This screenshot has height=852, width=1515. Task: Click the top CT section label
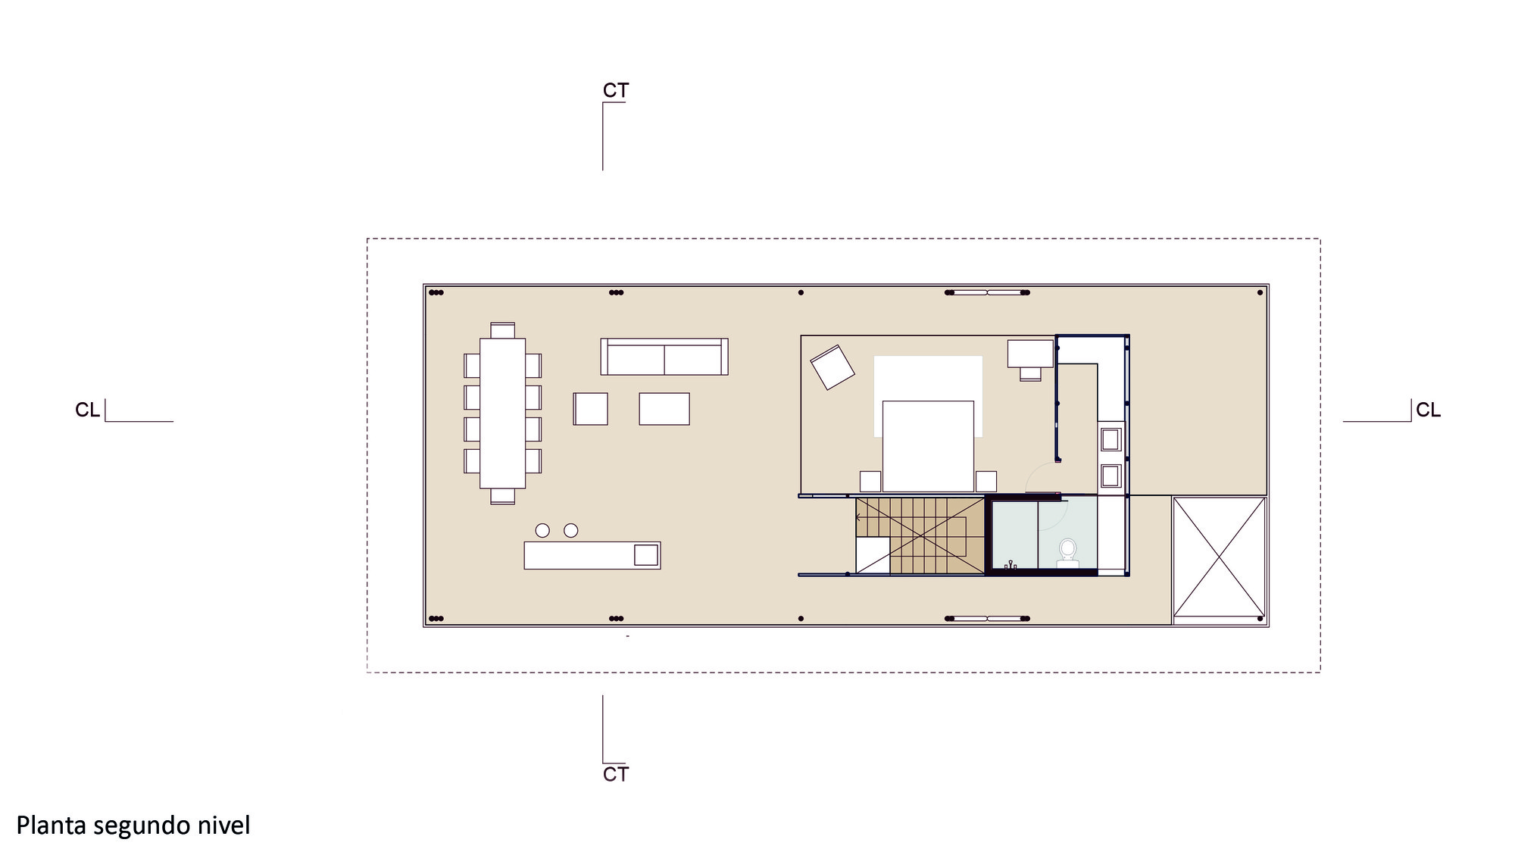[616, 91]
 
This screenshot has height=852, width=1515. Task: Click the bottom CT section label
[616, 774]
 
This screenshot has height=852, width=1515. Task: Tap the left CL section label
[88, 410]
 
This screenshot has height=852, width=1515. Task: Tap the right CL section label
[1428, 410]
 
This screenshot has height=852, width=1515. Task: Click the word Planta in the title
[52, 825]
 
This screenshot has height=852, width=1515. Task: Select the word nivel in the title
[224, 825]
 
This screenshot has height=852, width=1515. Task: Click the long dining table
[502, 414]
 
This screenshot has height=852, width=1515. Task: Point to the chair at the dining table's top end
[502, 330]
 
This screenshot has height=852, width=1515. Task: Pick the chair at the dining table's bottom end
[502, 496]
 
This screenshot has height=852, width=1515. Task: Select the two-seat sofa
[664, 357]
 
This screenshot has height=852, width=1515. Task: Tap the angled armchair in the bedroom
[832, 367]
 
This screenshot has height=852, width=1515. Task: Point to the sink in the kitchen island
[645, 555]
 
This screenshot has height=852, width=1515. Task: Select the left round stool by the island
[542, 531]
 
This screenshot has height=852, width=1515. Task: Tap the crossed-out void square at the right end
[1219, 557]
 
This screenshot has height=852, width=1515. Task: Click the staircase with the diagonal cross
[920, 535]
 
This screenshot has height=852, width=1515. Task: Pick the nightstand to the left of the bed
[870, 482]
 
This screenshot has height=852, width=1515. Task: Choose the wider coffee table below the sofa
[664, 409]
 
